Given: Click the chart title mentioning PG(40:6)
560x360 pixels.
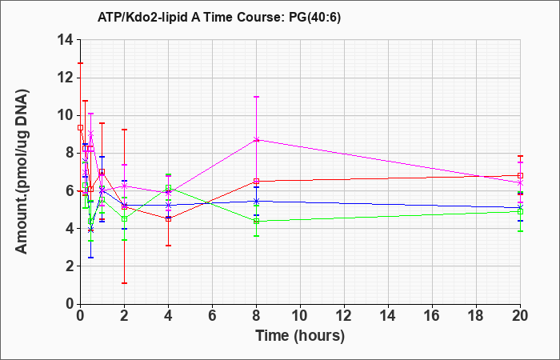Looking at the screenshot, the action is (x=219, y=17).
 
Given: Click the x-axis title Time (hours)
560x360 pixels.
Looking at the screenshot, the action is (x=300, y=336).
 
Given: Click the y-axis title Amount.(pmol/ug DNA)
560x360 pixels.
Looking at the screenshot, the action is (x=22, y=171).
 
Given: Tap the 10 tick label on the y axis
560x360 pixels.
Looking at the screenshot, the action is (x=66, y=115).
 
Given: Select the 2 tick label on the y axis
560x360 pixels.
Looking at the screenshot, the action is (x=70, y=266).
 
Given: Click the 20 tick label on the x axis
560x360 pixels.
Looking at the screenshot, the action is (x=520, y=316).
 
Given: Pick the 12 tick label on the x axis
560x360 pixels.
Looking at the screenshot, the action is (x=344, y=316).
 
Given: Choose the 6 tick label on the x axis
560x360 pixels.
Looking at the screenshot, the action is (x=212, y=316).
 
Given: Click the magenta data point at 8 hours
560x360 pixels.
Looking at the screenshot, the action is (x=257, y=140).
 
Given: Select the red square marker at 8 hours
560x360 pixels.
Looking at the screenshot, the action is (x=257, y=181).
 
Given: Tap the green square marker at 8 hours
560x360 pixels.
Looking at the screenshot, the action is (x=257, y=221).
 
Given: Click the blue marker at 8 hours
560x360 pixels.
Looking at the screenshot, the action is (x=257, y=201).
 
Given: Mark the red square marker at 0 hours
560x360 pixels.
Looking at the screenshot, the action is (x=80, y=127).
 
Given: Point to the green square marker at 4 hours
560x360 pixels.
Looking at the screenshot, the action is (x=168, y=188).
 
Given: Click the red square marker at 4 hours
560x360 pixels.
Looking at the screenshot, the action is (x=168, y=218).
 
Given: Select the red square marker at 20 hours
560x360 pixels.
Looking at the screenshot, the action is (x=520, y=175).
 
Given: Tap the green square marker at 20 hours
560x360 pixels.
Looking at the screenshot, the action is (x=520, y=211).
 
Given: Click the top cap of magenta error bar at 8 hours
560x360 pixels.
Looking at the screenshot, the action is (x=257, y=97).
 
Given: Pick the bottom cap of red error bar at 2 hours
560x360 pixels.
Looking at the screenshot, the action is (x=124, y=283).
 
